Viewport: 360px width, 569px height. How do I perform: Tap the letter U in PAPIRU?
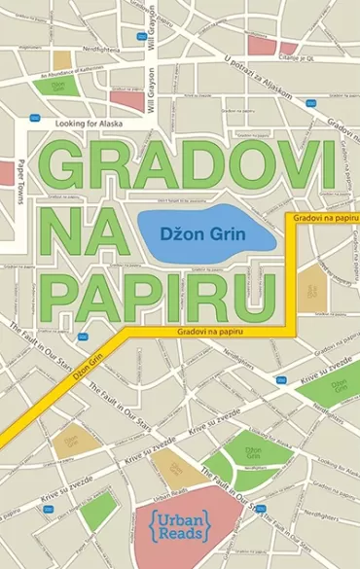(x=271, y=283)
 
